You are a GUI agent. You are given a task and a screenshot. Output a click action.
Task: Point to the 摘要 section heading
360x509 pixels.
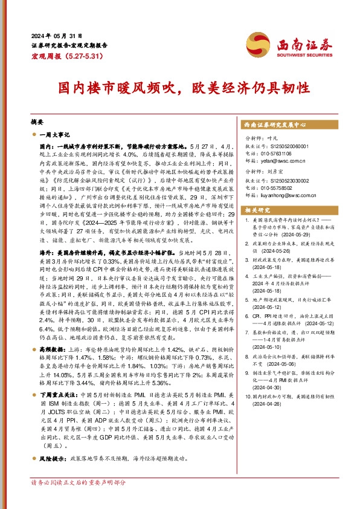37,122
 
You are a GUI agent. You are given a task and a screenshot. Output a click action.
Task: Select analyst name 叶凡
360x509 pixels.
274,139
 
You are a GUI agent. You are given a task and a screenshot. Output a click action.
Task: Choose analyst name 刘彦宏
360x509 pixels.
277,172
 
